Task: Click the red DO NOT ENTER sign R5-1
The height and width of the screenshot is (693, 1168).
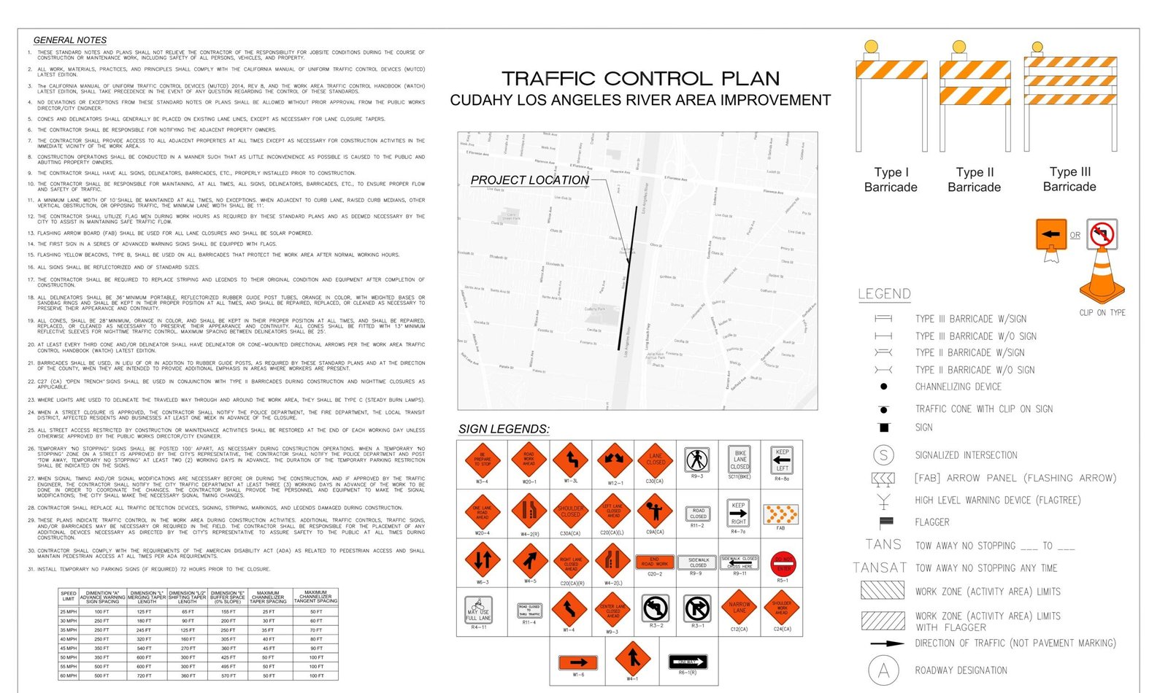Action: (x=783, y=564)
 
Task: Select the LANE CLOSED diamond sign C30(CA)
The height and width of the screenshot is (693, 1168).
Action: (x=655, y=460)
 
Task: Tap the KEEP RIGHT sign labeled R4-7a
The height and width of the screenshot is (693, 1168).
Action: (x=738, y=513)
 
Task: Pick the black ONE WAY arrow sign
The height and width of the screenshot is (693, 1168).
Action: (x=687, y=662)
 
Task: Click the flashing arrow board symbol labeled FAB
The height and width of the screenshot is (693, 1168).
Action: (x=780, y=514)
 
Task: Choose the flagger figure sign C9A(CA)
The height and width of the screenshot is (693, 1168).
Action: (x=655, y=511)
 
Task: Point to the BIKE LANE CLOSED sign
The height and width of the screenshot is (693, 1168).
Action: (x=739, y=461)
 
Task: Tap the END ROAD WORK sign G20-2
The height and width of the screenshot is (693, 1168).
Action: (x=655, y=562)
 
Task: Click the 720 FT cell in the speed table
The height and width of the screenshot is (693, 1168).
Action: (x=144, y=675)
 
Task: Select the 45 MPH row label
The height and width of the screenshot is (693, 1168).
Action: (x=69, y=648)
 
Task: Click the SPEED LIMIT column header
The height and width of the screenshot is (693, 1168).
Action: (x=69, y=596)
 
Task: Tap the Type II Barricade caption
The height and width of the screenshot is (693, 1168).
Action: (x=974, y=179)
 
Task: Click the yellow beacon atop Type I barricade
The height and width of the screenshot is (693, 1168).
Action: (x=871, y=47)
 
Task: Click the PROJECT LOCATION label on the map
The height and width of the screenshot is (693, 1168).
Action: (x=529, y=179)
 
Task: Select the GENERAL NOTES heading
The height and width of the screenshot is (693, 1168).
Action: (x=70, y=40)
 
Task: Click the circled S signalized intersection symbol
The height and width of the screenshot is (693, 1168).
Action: (x=883, y=455)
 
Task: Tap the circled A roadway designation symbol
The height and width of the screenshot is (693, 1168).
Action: (x=883, y=670)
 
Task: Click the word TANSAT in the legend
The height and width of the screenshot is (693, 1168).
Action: (x=880, y=568)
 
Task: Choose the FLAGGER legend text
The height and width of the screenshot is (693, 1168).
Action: (x=932, y=522)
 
